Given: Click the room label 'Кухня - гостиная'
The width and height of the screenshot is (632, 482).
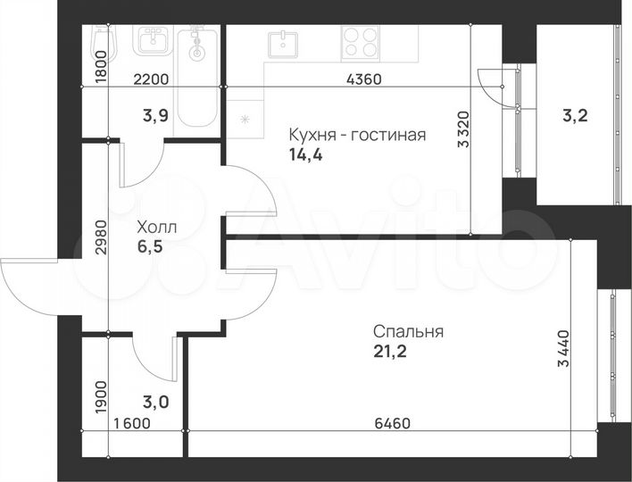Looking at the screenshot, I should [x=356, y=135].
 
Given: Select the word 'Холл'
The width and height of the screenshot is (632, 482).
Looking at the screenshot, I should [x=156, y=227].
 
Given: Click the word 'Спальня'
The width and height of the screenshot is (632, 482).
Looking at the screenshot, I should [x=408, y=331].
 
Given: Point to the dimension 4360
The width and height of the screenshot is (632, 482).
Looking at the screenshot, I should [x=363, y=79].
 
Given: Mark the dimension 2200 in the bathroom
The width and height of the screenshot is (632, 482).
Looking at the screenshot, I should [x=151, y=79].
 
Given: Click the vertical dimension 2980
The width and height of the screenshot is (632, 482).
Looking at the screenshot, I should [x=100, y=237].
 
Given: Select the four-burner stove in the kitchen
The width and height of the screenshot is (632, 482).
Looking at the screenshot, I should [x=361, y=41].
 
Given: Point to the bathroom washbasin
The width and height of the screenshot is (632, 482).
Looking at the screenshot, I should [x=153, y=40].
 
